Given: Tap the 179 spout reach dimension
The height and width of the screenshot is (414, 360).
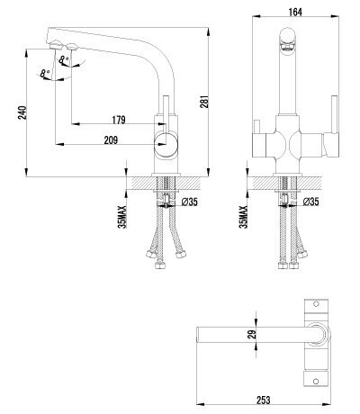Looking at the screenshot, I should point(119,121).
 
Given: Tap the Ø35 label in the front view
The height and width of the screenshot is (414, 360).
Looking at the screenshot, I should point(310,202).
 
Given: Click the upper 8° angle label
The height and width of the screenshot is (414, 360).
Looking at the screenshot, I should point(62,60).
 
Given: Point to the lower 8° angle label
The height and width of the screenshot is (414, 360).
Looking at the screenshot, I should point(44,74).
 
